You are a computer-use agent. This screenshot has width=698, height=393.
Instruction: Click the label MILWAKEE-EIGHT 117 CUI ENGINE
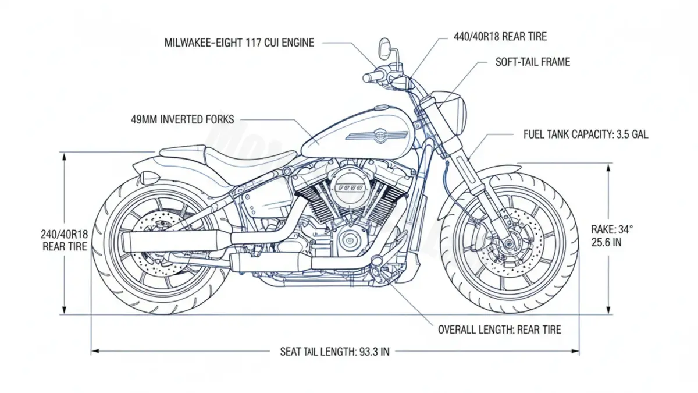pos(240,43)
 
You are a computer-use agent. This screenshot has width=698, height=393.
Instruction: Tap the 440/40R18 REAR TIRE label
pos(500,37)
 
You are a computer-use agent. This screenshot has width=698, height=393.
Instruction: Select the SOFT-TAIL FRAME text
pos(532,62)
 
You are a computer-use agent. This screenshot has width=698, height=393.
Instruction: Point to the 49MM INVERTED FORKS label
pos(183,120)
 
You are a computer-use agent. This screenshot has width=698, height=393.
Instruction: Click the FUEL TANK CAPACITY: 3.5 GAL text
pos(586,134)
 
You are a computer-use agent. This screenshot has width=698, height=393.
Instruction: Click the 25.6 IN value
pos(606,242)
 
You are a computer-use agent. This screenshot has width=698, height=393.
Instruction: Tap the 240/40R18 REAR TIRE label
pos(65,240)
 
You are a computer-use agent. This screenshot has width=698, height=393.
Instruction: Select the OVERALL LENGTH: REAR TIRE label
pos(499,330)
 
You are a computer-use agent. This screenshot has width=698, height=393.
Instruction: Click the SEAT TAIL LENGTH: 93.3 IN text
pos(334,352)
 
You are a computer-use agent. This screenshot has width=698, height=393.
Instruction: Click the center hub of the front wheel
pos(510,243)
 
